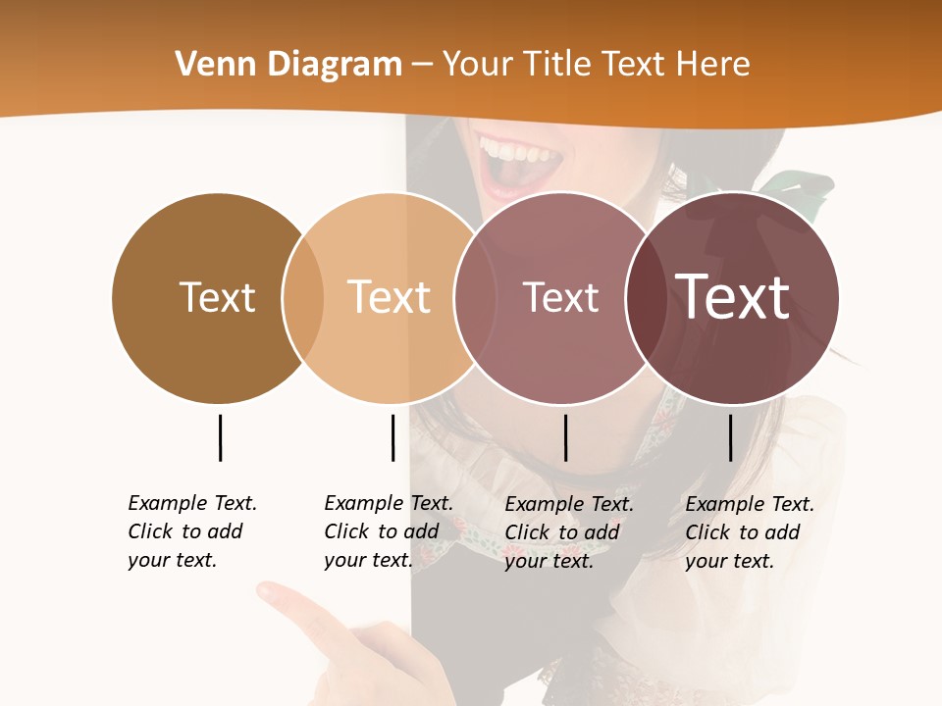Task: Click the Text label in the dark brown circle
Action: (x=217, y=297)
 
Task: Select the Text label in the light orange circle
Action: (x=390, y=297)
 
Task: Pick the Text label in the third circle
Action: (x=560, y=297)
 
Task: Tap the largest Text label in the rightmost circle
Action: (x=732, y=297)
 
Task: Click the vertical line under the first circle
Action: (x=220, y=437)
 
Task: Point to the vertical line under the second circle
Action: (x=392, y=437)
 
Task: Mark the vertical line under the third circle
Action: (x=565, y=437)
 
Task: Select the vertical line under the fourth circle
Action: (x=730, y=437)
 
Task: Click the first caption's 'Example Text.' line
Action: (x=192, y=503)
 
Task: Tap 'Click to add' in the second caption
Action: (x=382, y=531)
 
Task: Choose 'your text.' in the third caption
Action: (x=549, y=561)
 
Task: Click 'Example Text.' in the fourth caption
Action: (x=750, y=504)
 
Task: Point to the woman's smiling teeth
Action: (x=515, y=154)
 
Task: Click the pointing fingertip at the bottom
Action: (x=267, y=591)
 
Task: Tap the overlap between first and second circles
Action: (x=303, y=297)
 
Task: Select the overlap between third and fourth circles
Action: (x=647, y=297)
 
